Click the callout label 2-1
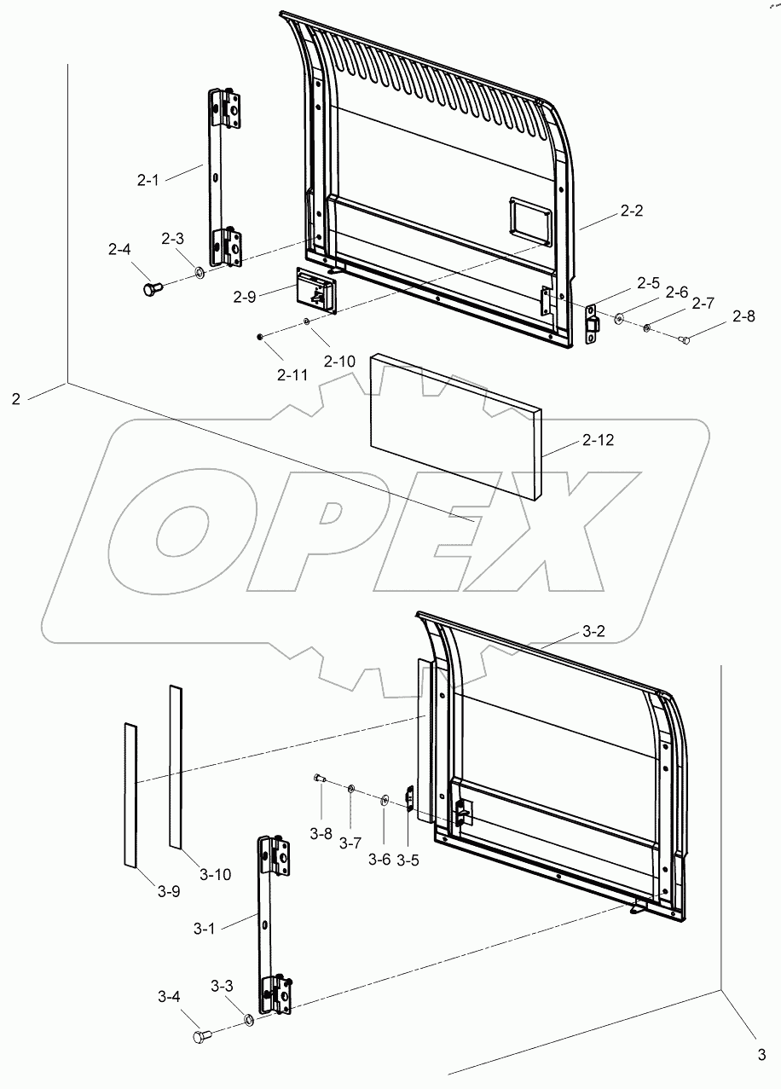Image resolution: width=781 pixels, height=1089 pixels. (x=148, y=180)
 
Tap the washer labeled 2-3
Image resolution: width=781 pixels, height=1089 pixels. (x=198, y=273)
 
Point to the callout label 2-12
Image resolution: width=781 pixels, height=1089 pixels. (x=598, y=440)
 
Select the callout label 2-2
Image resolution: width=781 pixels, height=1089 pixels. (x=631, y=211)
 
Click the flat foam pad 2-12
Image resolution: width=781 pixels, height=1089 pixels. (x=452, y=426)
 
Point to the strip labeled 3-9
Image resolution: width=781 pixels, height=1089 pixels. (x=130, y=794)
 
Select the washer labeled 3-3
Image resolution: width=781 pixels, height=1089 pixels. (x=247, y=1020)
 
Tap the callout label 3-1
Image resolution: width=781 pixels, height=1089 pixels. (x=204, y=929)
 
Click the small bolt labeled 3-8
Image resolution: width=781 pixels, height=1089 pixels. (x=320, y=778)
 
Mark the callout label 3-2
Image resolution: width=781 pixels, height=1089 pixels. (x=593, y=631)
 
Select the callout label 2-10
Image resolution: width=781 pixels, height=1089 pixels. (x=339, y=362)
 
